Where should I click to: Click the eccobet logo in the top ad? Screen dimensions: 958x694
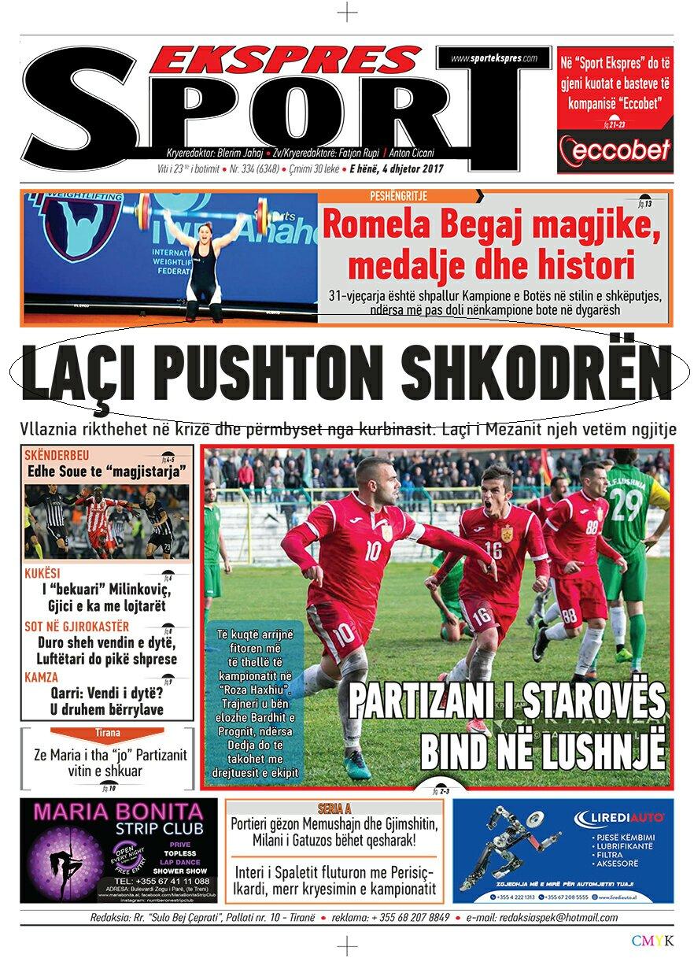point(615,150)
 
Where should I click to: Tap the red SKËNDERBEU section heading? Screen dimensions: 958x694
point(57,456)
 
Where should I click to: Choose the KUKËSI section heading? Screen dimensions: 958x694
point(42,574)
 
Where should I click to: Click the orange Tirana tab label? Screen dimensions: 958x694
point(108,733)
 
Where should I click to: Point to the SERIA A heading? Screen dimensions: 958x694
point(334,808)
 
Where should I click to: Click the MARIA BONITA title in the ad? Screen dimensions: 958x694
point(118,810)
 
